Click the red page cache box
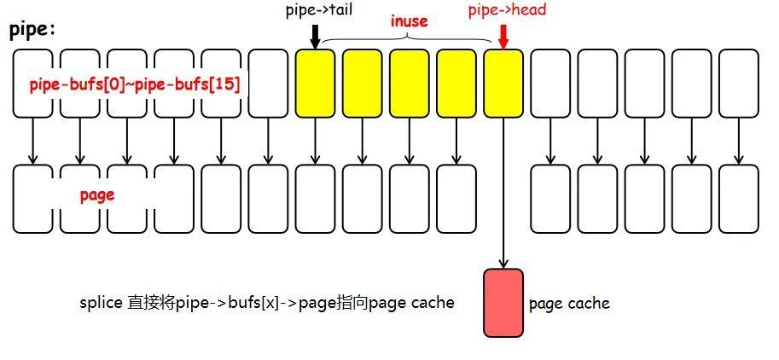tap(503, 302)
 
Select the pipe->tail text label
tap(317, 10)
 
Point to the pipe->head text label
tap(507, 10)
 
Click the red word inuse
tap(409, 20)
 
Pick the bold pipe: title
tap(32, 31)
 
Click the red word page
tap(97, 195)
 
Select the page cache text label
tap(569, 303)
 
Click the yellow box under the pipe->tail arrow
tap(315, 83)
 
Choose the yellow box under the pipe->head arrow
tap(503, 83)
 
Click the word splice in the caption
tap(101, 303)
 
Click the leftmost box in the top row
tap(32, 83)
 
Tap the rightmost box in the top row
tap(738, 83)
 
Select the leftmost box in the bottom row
tap(32, 199)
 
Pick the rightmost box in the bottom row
tap(738, 199)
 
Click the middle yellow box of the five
tap(409, 83)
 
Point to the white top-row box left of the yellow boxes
tap(268, 83)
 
